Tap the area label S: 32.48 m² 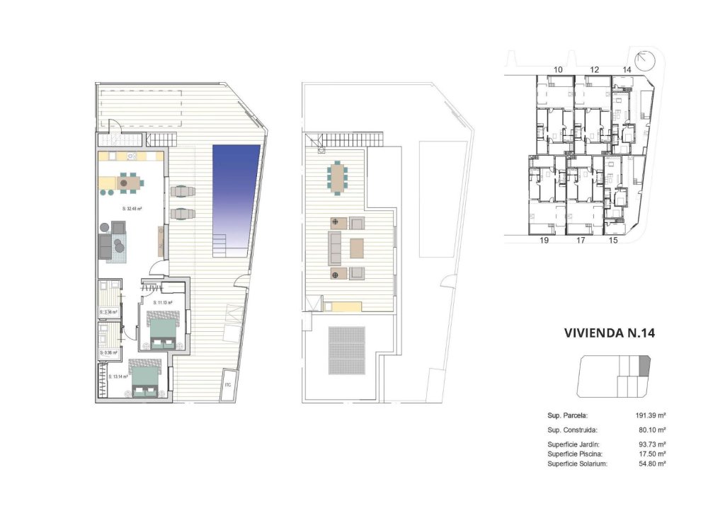(x=132, y=209)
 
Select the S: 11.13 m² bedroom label (x=163, y=303)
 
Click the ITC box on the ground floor (x=229, y=386)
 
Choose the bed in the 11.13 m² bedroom (x=164, y=330)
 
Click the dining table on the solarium (x=337, y=177)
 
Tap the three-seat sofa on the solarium (x=335, y=248)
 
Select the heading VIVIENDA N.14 (x=607, y=333)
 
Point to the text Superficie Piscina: (x=578, y=454)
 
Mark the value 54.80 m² (x=651, y=464)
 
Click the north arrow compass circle (x=646, y=60)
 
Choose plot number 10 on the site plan (x=558, y=69)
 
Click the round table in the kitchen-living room (x=124, y=183)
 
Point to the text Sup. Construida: (x=573, y=430)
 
